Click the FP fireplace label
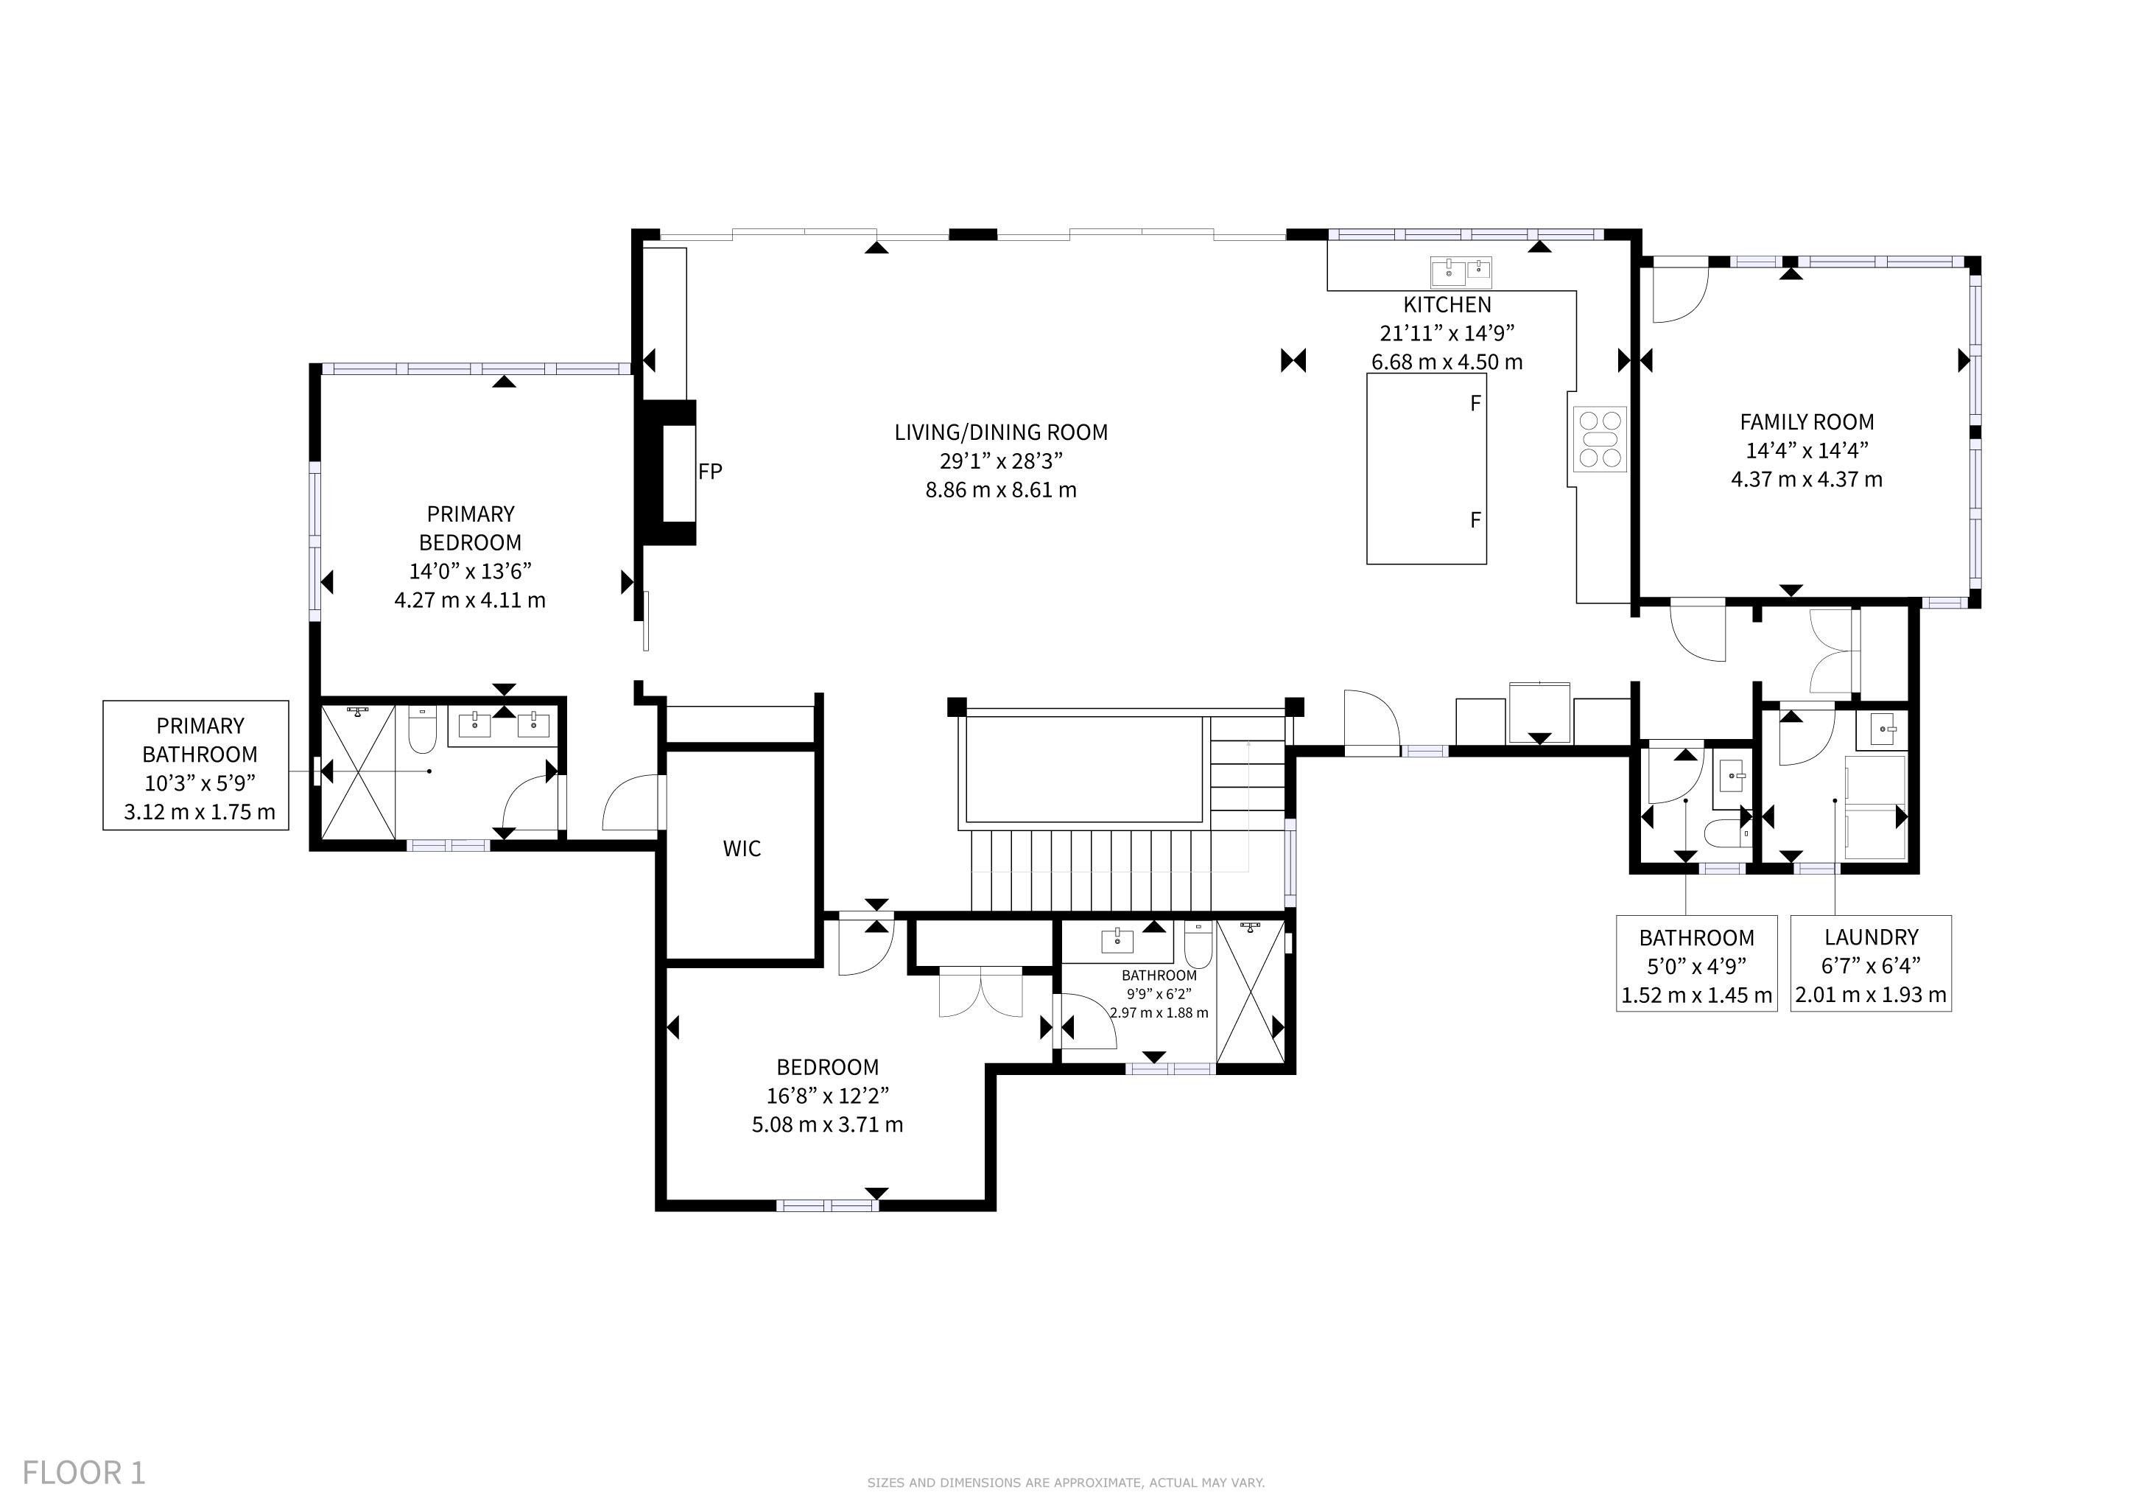710,471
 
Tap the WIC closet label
742,848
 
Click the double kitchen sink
1461,271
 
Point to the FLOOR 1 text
84,1473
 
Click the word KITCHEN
1447,305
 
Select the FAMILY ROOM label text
1806,422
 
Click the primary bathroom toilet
423,730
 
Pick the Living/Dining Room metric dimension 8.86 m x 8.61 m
1000,490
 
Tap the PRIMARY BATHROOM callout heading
200,740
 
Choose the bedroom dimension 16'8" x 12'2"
828,1096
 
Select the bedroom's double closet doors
980,992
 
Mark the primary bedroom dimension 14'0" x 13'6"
470,570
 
